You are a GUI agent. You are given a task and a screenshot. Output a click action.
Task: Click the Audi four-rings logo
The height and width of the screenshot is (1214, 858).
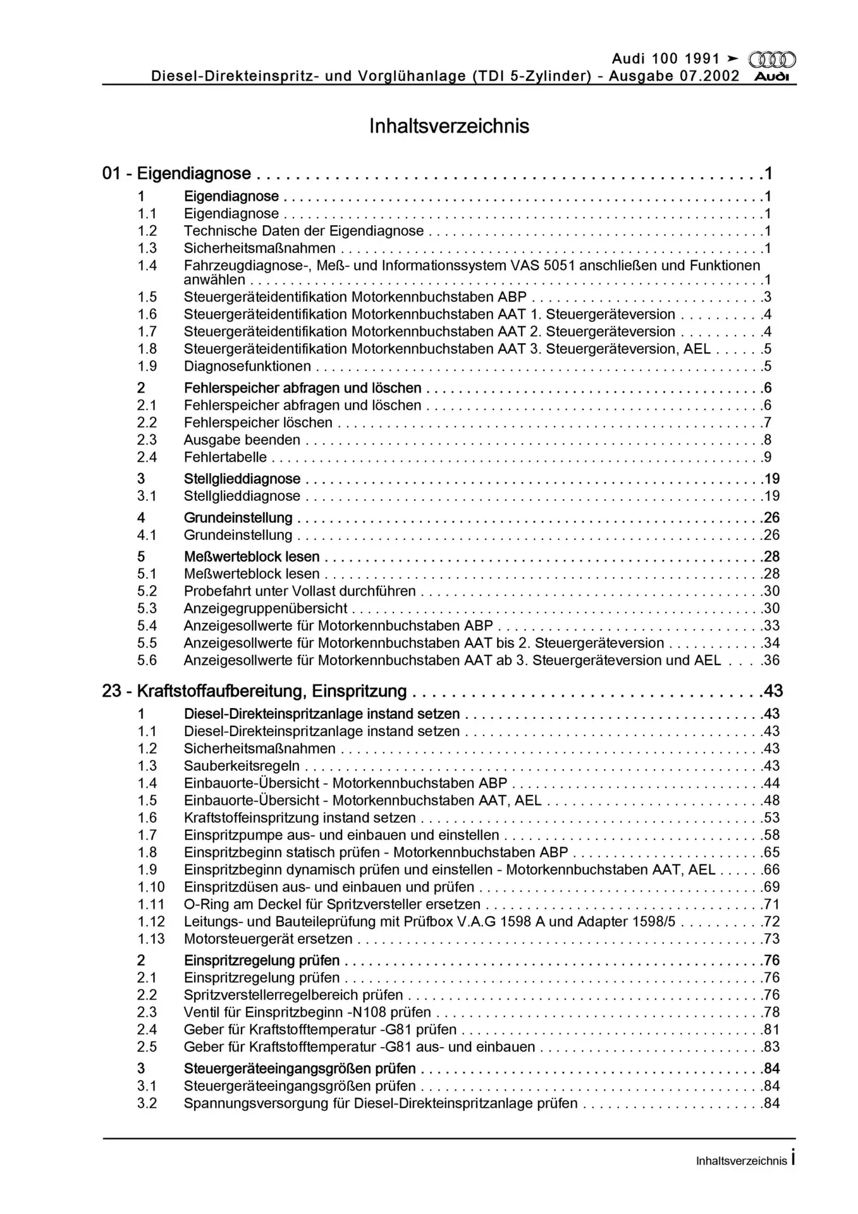[x=771, y=60]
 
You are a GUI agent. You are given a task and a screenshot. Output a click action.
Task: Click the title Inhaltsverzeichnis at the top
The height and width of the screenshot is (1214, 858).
[x=449, y=126]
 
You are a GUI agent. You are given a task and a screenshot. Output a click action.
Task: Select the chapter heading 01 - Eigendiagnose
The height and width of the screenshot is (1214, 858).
[x=176, y=173]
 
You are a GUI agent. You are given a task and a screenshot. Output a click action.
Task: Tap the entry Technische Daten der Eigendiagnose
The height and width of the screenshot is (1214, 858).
[x=303, y=231]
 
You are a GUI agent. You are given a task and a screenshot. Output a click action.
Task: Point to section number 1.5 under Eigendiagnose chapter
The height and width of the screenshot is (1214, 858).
[x=147, y=297]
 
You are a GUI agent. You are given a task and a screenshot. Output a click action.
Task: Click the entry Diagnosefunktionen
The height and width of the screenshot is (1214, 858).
[x=247, y=366]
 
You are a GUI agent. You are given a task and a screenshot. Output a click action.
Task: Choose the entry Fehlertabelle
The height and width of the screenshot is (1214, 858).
[x=225, y=457]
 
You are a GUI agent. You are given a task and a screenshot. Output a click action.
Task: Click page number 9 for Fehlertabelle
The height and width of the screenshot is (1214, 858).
[x=768, y=457]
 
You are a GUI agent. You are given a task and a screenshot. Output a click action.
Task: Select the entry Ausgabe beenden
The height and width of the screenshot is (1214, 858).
[x=242, y=440]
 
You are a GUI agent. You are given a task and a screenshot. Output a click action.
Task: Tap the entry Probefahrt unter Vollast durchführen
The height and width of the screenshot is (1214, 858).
[x=300, y=591]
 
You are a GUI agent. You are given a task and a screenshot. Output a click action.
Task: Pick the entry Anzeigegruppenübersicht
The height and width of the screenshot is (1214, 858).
[x=266, y=608]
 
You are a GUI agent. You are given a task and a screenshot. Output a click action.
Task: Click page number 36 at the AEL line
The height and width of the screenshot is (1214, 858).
[x=771, y=660]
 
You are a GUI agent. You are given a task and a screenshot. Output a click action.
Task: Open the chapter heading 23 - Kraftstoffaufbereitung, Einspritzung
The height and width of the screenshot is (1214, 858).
[x=254, y=691]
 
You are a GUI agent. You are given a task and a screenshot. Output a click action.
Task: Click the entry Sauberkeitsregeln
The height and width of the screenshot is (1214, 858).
[x=242, y=766]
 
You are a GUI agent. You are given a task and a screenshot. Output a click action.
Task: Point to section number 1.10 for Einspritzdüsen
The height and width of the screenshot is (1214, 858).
[x=151, y=887]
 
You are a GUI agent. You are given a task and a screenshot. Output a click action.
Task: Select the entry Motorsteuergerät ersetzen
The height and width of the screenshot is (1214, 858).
[x=268, y=939]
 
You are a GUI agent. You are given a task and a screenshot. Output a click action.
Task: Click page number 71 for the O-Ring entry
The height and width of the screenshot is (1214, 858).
[x=771, y=904]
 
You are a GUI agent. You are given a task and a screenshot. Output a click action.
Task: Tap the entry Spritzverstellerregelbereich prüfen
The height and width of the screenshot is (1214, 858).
[x=293, y=995]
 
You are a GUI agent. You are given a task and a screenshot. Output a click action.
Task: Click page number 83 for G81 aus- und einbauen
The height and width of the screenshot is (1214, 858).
[x=771, y=1046]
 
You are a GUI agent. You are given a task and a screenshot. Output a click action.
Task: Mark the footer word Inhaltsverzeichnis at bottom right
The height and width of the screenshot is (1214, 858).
[x=741, y=1161]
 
